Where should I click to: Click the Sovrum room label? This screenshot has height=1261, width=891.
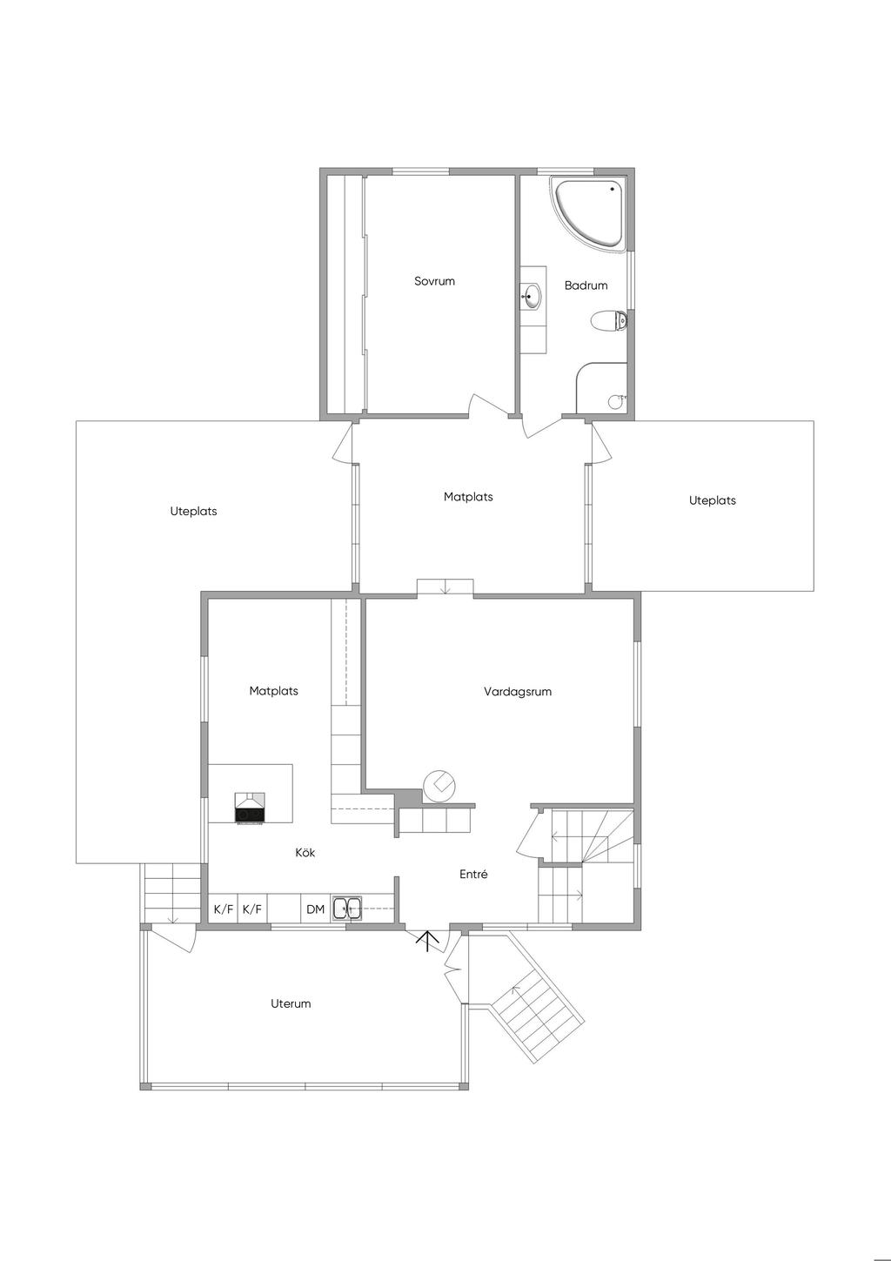click(x=434, y=281)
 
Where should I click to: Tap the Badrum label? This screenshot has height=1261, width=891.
click(x=586, y=285)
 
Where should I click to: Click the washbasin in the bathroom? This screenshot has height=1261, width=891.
click(x=533, y=296)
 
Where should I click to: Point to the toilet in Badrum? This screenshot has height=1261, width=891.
click(x=609, y=321)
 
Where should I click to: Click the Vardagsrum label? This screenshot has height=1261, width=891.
click(x=517, y=691)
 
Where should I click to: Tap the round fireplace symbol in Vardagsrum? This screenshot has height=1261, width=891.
click(x=439, y=786)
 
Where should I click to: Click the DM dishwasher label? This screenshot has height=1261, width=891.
click(x=316, y=909)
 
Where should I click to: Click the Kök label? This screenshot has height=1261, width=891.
click(x=305, y=853)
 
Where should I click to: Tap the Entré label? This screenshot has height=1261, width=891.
click(x=473, y=875)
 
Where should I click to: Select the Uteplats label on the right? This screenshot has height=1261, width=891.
click(x=712, y=500)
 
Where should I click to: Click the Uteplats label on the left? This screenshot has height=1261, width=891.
click(x=193, y=511)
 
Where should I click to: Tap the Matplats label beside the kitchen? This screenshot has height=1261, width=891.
click(x=273, y=691)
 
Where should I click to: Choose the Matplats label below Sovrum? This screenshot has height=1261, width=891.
click(x=468, y=497)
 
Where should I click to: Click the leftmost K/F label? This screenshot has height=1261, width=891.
click(x=224, y=909)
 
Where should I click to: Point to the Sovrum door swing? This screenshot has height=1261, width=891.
click(x=483, y=404)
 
